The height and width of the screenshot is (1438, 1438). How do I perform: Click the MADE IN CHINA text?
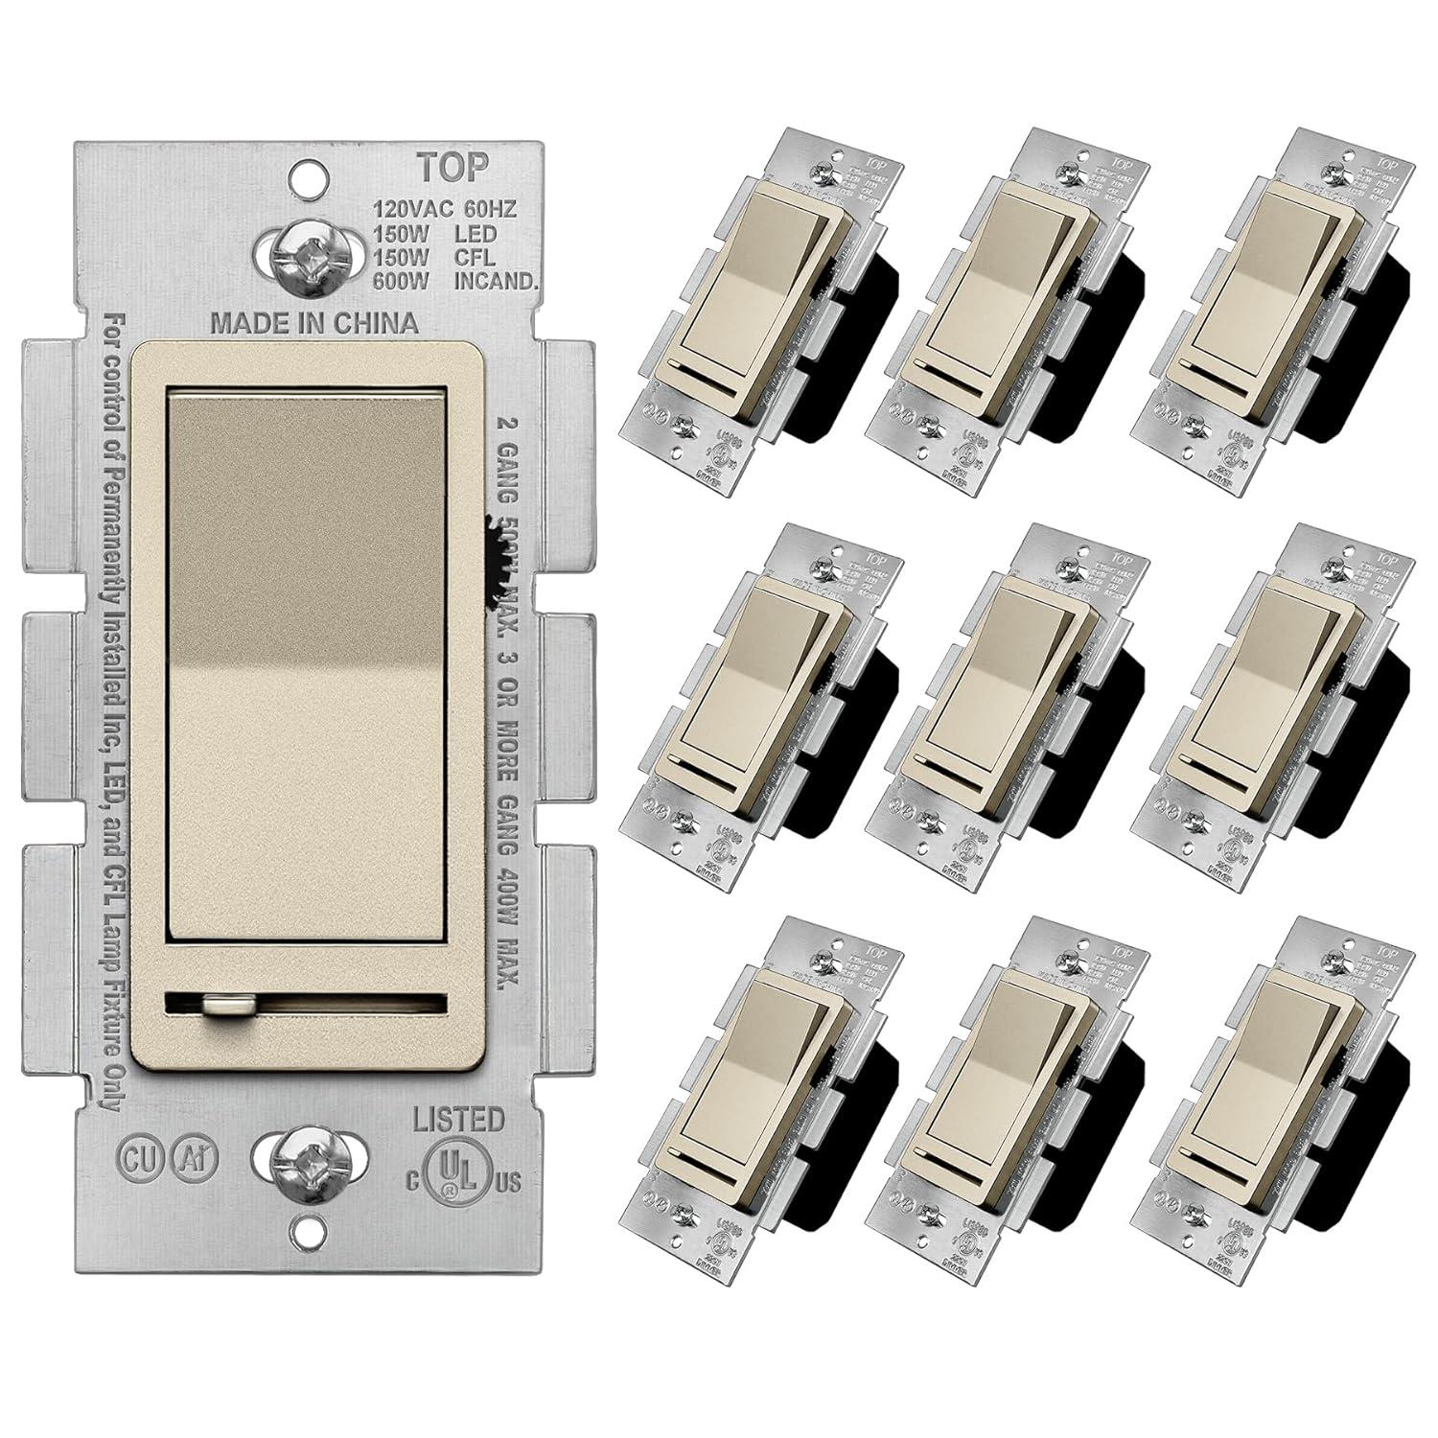pyautogui.click(x=314, y=322)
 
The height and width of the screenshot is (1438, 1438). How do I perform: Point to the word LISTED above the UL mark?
pyautogui.click(x=458, y=1119)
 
